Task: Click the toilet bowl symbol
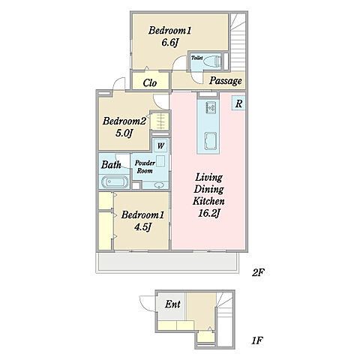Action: pos(212,61)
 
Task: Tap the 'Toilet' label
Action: pos(197,58)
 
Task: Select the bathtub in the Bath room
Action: pos(115,181)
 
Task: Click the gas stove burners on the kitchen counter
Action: pos(211,108)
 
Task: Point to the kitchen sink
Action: pos(211,141)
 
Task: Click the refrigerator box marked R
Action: pos(238,103)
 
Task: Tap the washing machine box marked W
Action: pos(160,145)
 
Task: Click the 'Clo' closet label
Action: pos(150,83)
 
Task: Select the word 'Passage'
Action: pos(226,81)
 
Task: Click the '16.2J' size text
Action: pos(208,213)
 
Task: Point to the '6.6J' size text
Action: pos(169,43)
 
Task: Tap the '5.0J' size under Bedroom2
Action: pos(124,133)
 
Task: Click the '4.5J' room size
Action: pos(142,227)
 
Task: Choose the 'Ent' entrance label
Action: pos(172,304)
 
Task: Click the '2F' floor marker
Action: pos(258,272)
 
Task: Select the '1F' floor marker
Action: pos(256,340)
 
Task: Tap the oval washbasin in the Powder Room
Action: pos(158,185)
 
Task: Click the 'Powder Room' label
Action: pos(145,166)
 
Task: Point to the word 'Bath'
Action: pos(111,165)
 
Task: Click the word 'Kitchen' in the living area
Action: pos(208,201)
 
